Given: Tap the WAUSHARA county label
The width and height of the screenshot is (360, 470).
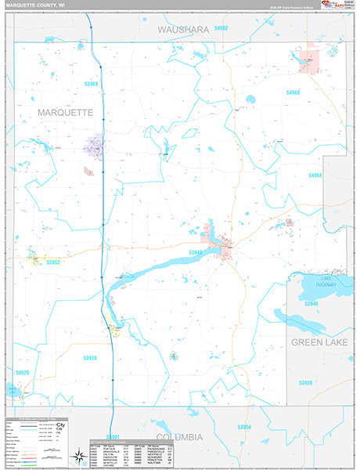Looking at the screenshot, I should click(x=185, y=29).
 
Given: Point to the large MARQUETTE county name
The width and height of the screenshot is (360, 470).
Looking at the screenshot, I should click(x=65, y=113).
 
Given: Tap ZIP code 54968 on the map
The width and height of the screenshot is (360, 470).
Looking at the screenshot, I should click(x=315, y=175).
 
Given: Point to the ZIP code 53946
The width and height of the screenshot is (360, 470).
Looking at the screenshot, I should click(x=311, y=303).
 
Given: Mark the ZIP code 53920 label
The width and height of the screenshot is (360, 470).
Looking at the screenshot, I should click(x=22, y=373).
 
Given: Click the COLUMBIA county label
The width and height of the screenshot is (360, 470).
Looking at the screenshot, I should click(x=179, y=436).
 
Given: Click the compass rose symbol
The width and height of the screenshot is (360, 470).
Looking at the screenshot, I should click(x=78, y=454).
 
